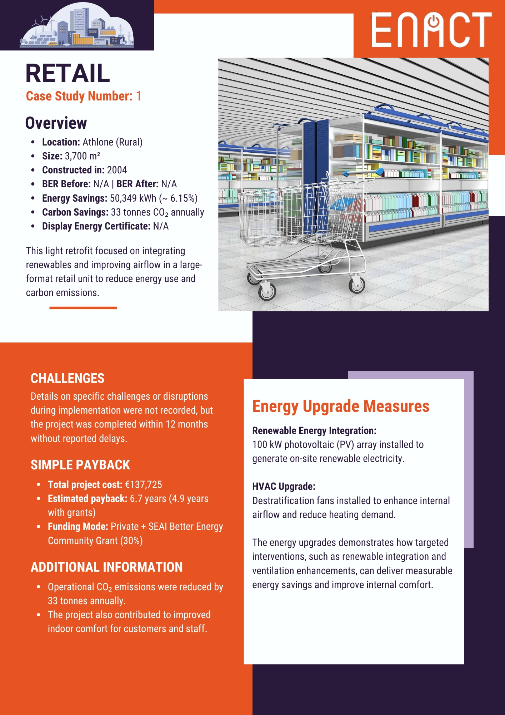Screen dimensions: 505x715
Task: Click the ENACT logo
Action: click(431, 30)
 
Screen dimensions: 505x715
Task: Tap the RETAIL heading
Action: click(67, 73)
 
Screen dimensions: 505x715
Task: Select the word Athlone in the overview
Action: click(98, 142)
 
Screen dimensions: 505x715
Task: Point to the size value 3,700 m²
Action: click(82, 156)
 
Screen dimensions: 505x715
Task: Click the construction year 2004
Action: click(117, 170)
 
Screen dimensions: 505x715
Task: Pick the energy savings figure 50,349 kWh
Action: click(133, 198)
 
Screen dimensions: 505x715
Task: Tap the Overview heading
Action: click(56, 123)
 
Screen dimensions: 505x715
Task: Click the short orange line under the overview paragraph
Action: click(83, 308)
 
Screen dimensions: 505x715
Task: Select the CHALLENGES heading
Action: click(67, 378)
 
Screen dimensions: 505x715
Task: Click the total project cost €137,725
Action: click(144, 485)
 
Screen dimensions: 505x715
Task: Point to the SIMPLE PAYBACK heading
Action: click(80, 465)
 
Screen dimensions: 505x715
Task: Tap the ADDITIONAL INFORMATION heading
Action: click(107, 567)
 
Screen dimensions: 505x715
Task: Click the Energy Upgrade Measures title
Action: click(341, 406)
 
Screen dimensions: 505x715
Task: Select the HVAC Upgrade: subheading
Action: click(284, 487)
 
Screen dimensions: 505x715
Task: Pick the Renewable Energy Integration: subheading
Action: click(314, 431)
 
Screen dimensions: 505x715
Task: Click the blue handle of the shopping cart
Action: click(361, 173)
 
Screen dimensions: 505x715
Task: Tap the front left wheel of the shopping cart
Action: click(267, 291)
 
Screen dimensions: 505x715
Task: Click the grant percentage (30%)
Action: click(131, 541)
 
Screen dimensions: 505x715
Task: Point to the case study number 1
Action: click(139, 96)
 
